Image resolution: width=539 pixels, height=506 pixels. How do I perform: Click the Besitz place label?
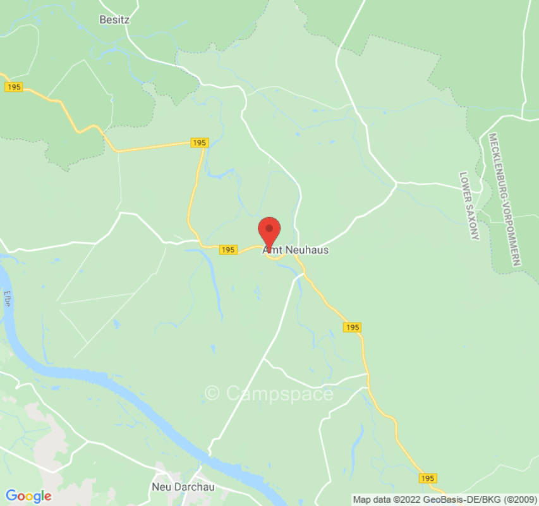(114, 20)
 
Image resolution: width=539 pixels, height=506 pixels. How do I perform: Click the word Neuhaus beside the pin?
(307, 250)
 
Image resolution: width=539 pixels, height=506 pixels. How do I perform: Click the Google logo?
(28, 496)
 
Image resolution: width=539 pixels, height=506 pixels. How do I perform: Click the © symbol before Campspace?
(213, 393)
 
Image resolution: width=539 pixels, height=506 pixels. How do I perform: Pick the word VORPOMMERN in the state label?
(512, 230)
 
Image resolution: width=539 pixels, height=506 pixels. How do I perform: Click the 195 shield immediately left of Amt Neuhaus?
(228, 250)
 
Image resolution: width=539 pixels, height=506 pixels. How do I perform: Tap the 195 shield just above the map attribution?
(427, 478)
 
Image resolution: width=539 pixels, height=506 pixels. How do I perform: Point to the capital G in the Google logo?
(11, 496)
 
